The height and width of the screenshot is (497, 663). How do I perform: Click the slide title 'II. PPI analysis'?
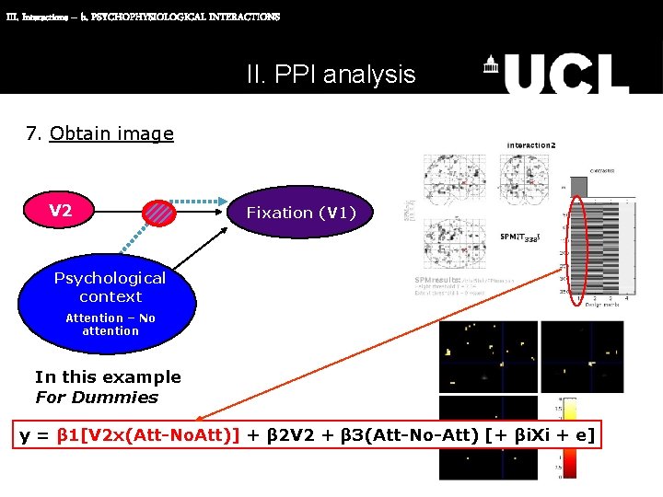(331, 75)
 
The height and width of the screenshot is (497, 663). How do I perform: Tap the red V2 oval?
(61, 212)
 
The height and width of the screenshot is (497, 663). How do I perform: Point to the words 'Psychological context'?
(110, 287)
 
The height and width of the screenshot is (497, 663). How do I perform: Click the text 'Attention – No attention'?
(110, 324)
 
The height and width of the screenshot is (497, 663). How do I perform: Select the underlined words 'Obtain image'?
(111, 133)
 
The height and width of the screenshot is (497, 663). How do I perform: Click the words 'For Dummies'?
(97, 398)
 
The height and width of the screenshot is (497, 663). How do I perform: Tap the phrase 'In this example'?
(108, 376)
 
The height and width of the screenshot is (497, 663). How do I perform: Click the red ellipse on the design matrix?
(578, 249)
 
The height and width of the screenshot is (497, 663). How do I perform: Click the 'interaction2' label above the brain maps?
(531, 145)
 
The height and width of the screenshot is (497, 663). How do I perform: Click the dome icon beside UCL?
(492, 65)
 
